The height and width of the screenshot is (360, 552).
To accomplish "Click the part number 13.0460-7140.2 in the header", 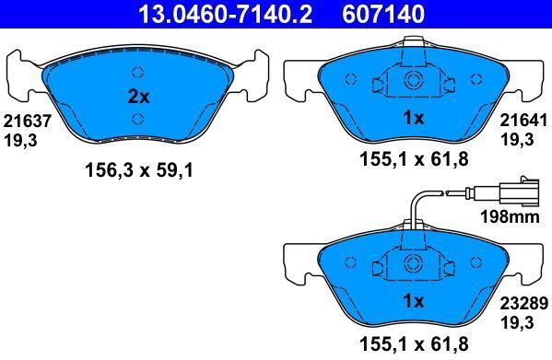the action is pyautogui.click(x=225, y=14).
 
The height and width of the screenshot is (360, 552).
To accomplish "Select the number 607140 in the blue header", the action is pyautogui.click(x=383, y=14).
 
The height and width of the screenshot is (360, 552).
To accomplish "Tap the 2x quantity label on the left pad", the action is pyautogui.click(x=139, y=97).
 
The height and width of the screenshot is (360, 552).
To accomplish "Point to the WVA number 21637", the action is pyautogui.click(x=28, y=122).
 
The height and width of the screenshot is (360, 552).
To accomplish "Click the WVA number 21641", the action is pyautogui.click(x=523, y=121).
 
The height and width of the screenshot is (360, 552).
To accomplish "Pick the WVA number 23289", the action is pyautogui.click(x=524, y=303).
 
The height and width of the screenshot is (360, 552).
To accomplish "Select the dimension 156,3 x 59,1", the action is pyautogui.click(x=139, y=171).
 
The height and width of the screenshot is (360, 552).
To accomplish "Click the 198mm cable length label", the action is pyautogui.click(x=511, y=217).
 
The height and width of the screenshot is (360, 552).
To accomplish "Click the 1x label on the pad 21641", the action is pyautogui.click(x=414, y=118).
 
